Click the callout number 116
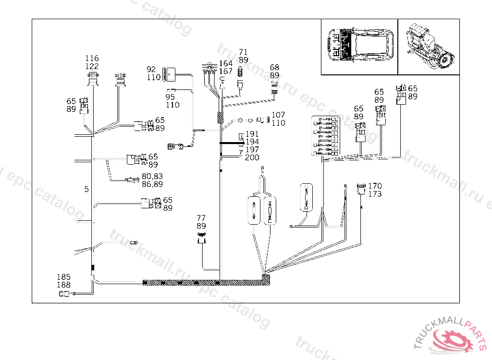click(x=92, y=59)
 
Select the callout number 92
click(x=151, y=69)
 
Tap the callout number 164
click(x=226, y=64)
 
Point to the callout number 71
click(x=243, y=52)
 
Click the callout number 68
click(x=274, y=68)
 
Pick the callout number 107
click(x=278, y=115)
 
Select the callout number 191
click(x=252, y=134)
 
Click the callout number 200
click(x=252, y=157)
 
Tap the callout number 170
click(x=375, y=186)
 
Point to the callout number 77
click(x=201, y=218)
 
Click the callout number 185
click(x=63, y=277)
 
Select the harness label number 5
click(x=86, y=190)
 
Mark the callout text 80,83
click(x=152, y=176)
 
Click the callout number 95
click(x=170, y=97)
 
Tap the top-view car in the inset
click(x=359, y=47)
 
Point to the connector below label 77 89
click(x=202, y=237)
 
